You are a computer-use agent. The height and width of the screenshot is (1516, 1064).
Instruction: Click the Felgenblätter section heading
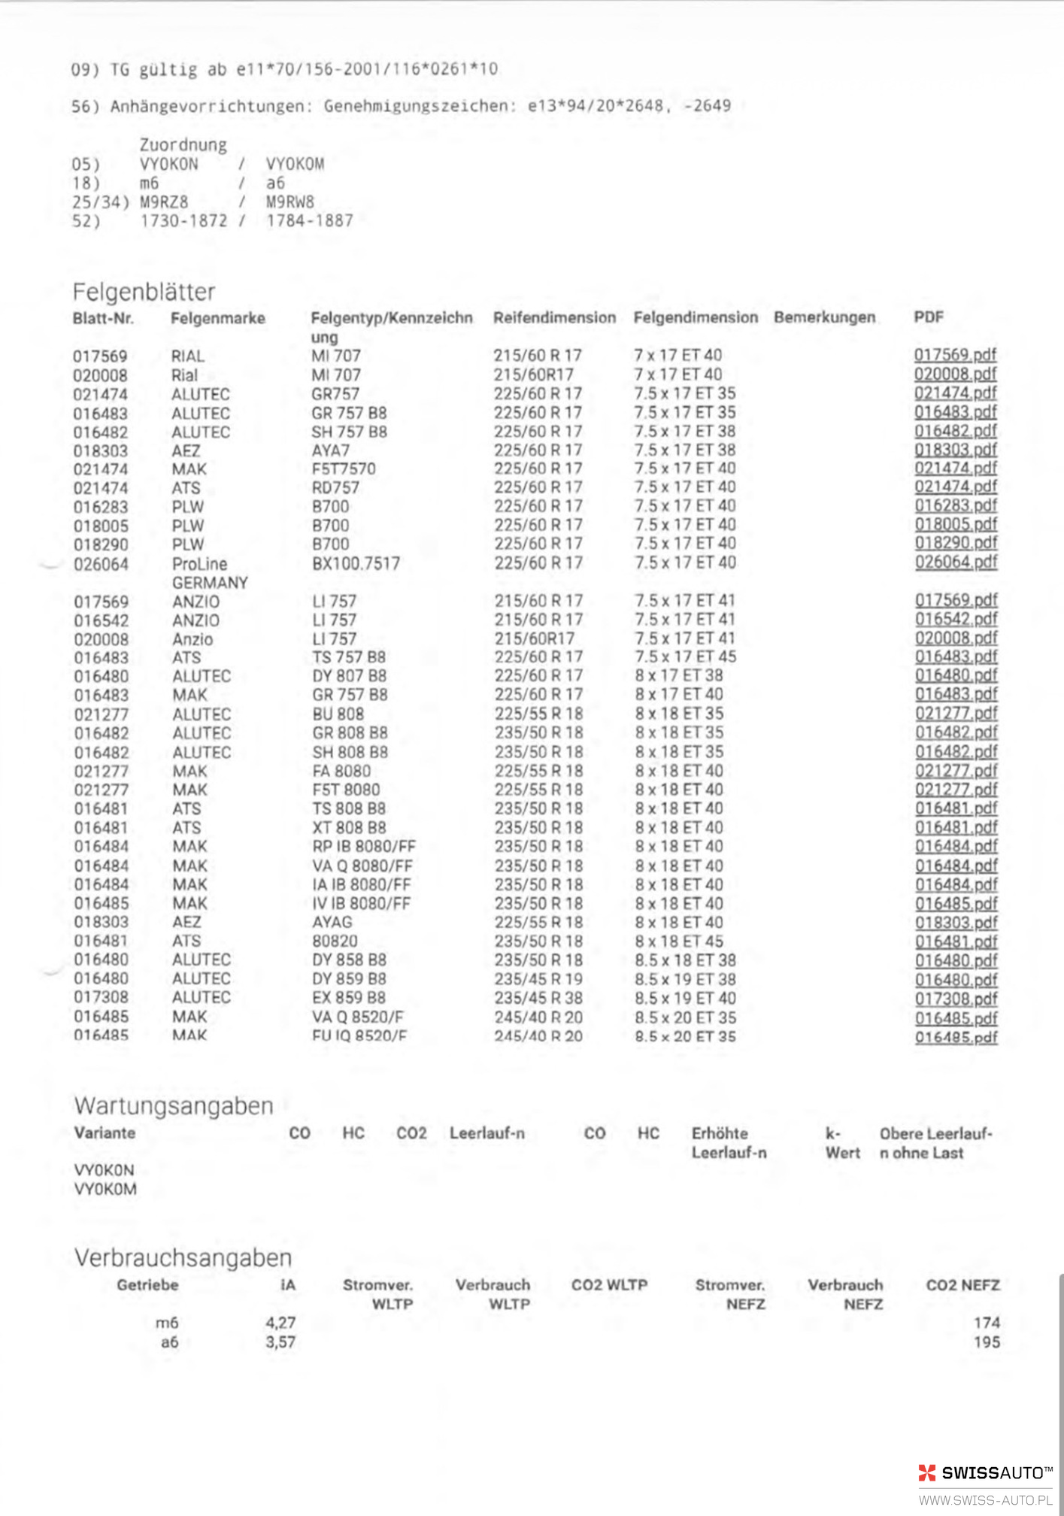click(144, 292)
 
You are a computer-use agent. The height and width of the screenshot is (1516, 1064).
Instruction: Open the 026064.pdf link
click(956, 562)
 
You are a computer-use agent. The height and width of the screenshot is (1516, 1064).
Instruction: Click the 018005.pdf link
click(956, 524)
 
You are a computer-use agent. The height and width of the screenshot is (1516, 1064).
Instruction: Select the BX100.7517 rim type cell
click(356, 563)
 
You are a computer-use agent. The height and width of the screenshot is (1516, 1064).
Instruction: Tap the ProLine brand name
click(199, 564)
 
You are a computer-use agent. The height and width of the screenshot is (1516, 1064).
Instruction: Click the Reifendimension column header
click(554, 318)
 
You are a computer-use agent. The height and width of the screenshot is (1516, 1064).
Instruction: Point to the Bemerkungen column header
click(824, 317)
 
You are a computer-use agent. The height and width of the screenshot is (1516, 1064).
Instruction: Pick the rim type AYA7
click(331, 450)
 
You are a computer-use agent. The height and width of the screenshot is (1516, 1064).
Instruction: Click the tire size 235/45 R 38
click(538, 998)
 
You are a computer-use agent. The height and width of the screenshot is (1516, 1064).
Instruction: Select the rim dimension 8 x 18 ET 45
click(679, 941)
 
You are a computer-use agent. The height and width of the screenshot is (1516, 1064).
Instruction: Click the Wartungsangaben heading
click(174, 1106)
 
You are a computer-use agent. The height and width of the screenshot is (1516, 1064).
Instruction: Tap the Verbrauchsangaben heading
click(183, 1257)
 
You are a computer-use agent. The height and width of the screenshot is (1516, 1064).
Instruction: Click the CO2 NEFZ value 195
click(987, 1342)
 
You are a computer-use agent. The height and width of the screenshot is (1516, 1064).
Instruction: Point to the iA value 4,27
click(280, 1323)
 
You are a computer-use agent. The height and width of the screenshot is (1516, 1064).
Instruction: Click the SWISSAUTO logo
click(985, 1473)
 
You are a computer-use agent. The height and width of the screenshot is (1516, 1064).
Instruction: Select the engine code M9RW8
click(289, 202)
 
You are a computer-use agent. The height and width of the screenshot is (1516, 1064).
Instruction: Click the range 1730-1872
click(183, 221)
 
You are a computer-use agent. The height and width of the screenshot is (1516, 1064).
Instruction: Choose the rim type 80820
click(335, 941)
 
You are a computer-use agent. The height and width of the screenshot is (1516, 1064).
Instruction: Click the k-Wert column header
click(842, 1143)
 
